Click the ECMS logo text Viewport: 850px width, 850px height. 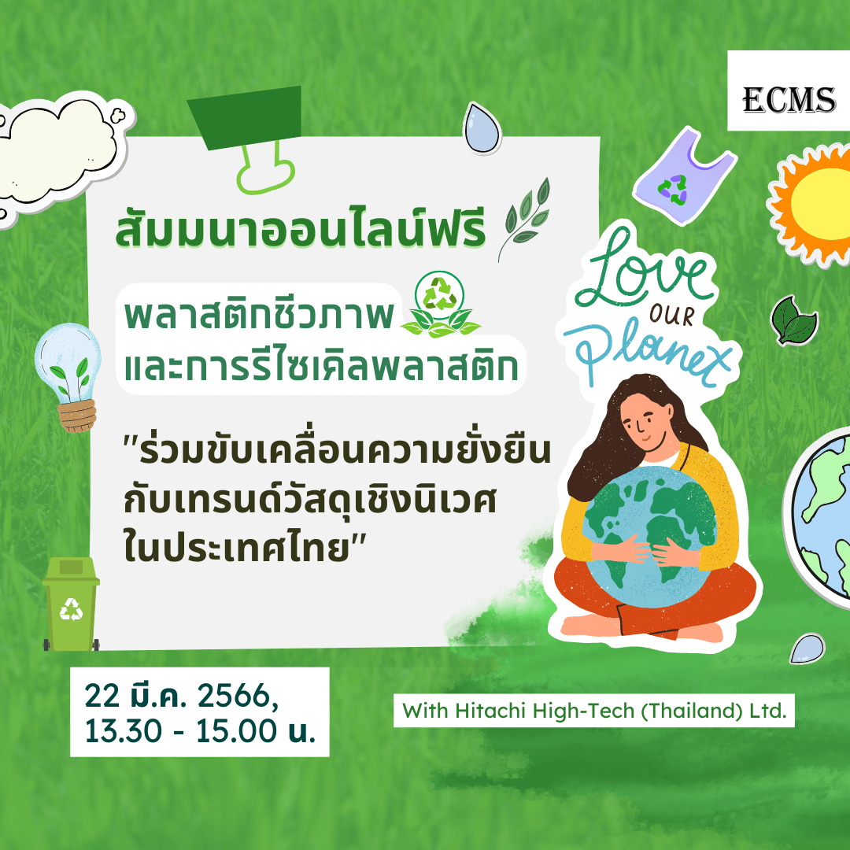[x=789, y=100]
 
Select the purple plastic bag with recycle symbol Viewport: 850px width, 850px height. [x=684, y=177]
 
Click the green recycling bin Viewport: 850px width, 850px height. [x=71, y=604]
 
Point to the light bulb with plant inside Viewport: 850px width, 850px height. [x=68, y=376]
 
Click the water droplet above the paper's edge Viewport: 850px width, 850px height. [x=482, y=128]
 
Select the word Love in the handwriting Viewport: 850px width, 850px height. [x=642, y=269]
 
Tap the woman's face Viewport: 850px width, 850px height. [x=646, y=420]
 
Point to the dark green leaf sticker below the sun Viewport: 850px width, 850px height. [x=793, y=320]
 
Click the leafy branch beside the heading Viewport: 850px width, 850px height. [x=524, y=219]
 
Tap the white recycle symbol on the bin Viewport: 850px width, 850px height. [x=71, y=609]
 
